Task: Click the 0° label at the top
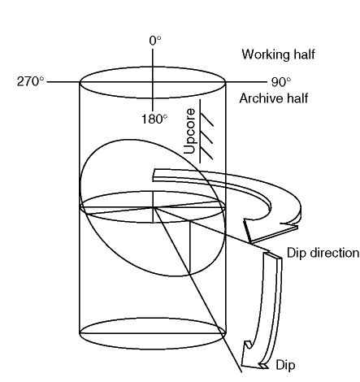click(155, 41)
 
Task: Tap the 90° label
click(281, 82)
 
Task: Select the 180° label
click(154, 119)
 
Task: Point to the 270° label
click(30, 81)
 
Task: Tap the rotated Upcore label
click(189, 131)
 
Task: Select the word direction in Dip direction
click(335, 253)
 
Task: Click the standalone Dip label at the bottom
click(285, 365)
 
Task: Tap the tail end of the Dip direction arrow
click(154, 176)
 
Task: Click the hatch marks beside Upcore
click(206, 131)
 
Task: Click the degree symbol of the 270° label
click(41, 79)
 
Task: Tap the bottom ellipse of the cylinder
click(152, 349)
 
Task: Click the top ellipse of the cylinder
click(152, 67)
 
